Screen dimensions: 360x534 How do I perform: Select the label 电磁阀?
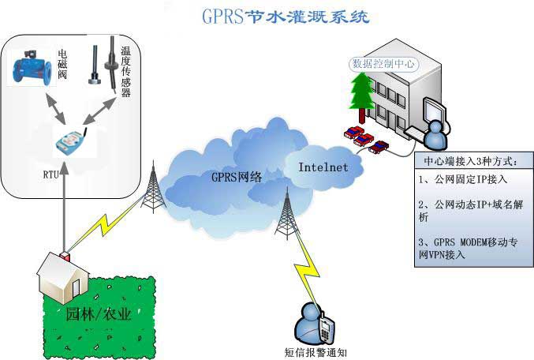[x=62, y=66]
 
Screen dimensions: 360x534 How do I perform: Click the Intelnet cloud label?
[x=324, y=167]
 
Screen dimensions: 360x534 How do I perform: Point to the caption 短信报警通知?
[x=316, y=351]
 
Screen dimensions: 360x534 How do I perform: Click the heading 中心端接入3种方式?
[x=470, y=162]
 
